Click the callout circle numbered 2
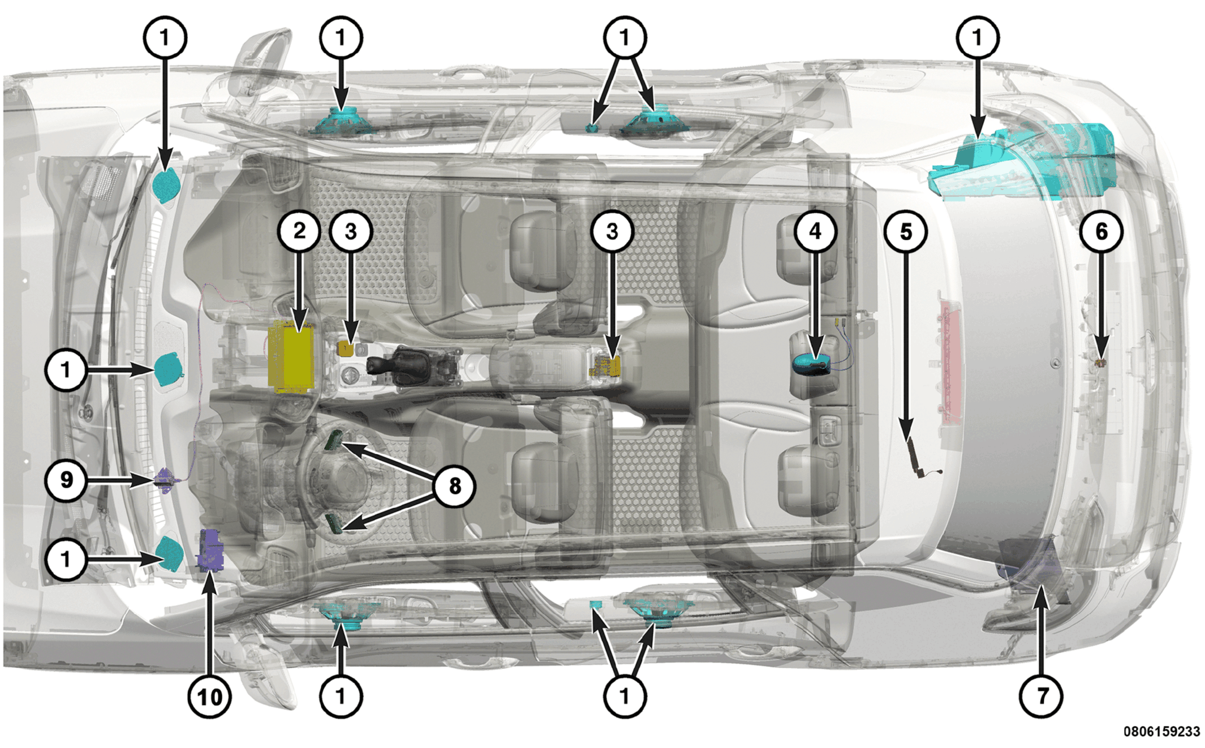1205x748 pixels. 299,231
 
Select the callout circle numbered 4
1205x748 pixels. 815,231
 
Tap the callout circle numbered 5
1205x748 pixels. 906,231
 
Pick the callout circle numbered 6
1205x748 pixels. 1101,231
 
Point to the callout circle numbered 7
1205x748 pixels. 1041,696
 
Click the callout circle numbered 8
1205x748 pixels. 454,485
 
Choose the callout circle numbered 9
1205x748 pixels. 66,480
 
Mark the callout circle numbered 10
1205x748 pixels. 209,696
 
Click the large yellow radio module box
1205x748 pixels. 291,357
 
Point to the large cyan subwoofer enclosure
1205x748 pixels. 1022,162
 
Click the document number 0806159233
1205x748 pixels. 1161,732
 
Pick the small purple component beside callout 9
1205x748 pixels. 165,481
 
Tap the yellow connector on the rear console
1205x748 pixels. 606,366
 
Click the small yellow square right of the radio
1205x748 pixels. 346,349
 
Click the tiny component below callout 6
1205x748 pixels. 1101,363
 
